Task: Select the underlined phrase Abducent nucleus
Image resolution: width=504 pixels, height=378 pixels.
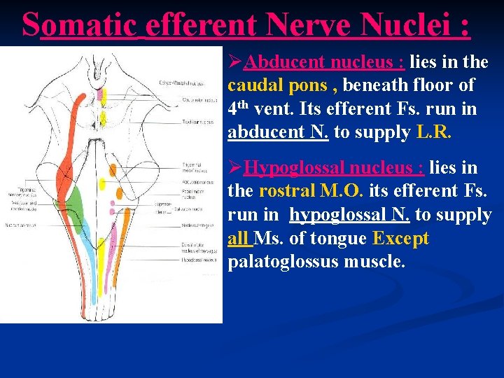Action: click(324, 62)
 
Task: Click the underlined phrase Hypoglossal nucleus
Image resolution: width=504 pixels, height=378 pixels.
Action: click(333, 167)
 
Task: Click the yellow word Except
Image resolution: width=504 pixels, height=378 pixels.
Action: click(400, 239)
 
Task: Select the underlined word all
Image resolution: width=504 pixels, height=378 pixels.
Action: click(239, 239)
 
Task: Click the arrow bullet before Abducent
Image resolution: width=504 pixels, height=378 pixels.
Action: click(234, 62)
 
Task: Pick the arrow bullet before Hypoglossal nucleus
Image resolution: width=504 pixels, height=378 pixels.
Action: click(234, 167)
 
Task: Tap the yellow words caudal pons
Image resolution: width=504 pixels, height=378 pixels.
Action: click(274, 85)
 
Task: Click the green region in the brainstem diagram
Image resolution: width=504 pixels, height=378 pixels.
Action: click(73, 210)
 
